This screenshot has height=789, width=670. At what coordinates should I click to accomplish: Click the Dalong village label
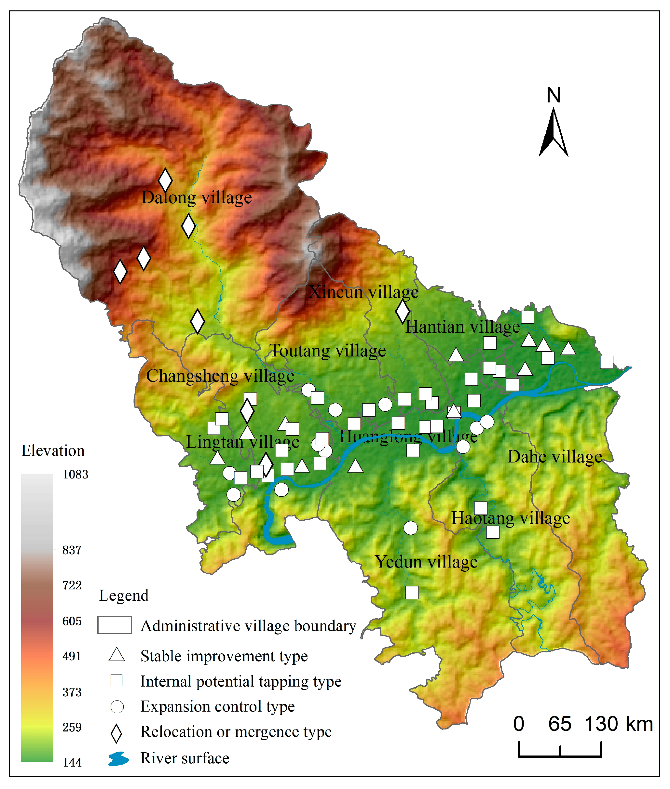[196, 198]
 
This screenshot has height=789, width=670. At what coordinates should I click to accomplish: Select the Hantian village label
[462, 327]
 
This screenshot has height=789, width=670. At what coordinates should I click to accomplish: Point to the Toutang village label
[327, 351]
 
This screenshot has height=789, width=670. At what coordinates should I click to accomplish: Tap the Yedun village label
[426, 562]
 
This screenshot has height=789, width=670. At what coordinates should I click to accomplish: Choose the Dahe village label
[554, 457]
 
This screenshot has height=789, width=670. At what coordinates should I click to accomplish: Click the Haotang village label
[510, 519]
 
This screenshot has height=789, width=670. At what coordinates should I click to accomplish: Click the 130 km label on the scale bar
[618, 724]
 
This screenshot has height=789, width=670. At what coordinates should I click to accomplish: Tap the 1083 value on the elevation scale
[75, 475]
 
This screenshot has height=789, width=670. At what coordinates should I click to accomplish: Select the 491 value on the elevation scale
[72, 657]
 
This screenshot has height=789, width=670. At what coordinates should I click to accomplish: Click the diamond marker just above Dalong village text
[165, 180]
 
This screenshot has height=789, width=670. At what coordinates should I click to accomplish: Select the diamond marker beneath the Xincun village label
[403, 312]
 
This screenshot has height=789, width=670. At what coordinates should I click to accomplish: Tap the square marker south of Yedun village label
[412, 593]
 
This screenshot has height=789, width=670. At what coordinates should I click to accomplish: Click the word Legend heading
[123, 596]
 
